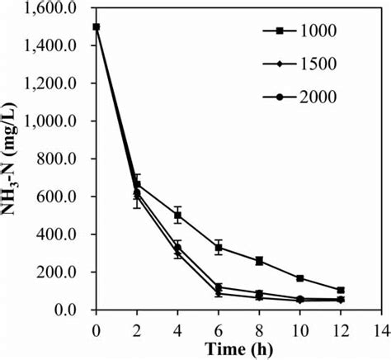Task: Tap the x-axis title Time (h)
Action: [238, 347]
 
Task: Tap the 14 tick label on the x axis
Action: [379, 327]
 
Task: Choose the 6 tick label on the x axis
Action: [219, 327]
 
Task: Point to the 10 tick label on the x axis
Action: [299, 327]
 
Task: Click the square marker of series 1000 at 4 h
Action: [177, 216]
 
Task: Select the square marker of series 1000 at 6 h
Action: [219, 248]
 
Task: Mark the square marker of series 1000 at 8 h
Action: [259, 261]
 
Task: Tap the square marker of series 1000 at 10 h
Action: [299, 278]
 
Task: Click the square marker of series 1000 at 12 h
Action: [340, 290]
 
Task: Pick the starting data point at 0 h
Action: [97, 26]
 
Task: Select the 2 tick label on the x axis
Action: [138, 327]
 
